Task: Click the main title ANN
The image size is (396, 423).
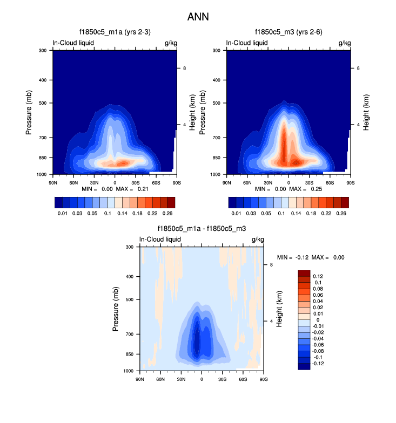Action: tap(198, 17)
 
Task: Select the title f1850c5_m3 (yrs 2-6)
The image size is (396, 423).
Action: tap(288, 32)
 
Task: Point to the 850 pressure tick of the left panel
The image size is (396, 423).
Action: tap(44, 158)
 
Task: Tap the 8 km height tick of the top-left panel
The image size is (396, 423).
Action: tap(185, 68)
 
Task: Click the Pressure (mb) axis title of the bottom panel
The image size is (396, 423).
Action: tap(117, 309)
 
